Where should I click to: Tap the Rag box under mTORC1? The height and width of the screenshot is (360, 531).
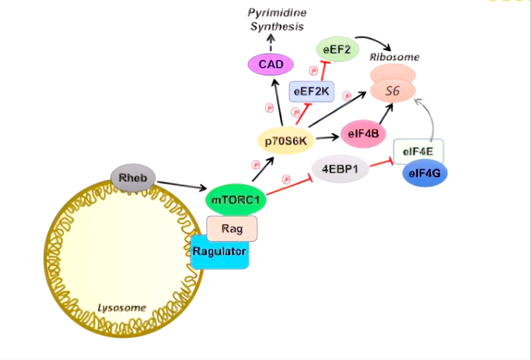click(x=232, y=228)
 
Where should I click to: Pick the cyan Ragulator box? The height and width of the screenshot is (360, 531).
click(x=220, y=252)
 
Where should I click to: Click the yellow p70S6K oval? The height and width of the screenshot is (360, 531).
click(x=285, y=141)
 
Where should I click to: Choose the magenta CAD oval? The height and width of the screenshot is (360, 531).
click(x=270, y=65)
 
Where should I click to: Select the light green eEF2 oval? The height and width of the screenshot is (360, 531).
click(x=338, y=49)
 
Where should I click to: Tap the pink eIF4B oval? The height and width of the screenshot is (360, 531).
click(x=363, y=133)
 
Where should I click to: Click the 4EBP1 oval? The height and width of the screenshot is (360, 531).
click(x=340, y=169)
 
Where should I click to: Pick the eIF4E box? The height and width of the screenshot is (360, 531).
click(x=418, y=150)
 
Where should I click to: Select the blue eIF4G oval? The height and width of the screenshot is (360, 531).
click(x=424, y=173)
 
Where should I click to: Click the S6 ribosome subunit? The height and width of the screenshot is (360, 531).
click(x=393, y=90)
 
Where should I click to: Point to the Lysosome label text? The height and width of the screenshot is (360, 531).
click(x=121, y=308)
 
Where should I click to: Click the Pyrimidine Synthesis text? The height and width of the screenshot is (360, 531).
click(x=276, y=20)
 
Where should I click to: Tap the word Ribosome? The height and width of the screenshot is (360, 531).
click(x=394, y=57)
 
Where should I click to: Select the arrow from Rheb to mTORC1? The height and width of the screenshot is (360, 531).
click(x=181, y=185)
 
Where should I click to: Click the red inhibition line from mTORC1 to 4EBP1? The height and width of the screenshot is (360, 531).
click(x=290, y=186)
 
